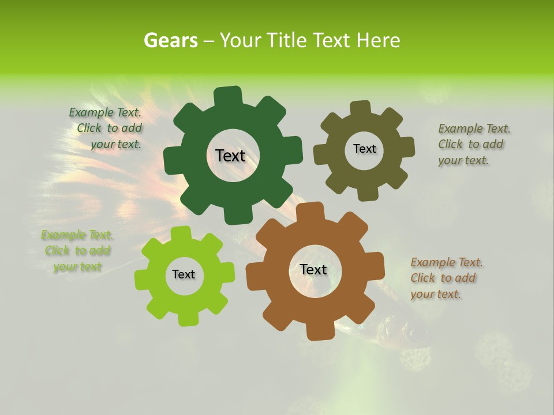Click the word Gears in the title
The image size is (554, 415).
click(170, 40)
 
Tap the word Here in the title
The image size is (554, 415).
click(379, 40)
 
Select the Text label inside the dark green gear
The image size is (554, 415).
click(230, 156)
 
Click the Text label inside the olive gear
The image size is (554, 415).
click(364, 149)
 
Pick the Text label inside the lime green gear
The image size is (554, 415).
click(184, 274)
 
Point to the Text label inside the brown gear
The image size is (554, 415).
click(313, 270)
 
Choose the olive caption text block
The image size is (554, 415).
click(473, 144)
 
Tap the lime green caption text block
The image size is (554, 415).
click(77, 251)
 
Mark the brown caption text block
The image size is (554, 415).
click(446, 278)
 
